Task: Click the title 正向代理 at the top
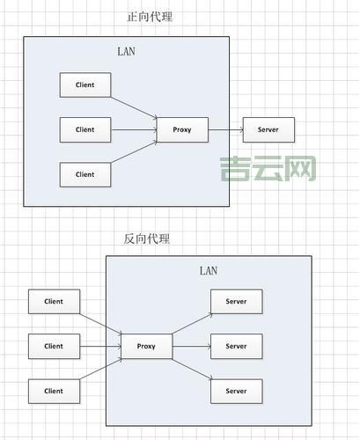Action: click(151, 17)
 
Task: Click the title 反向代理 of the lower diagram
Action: click(148, 238)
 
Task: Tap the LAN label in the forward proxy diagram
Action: click(126, 51)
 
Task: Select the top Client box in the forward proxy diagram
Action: click(84, 85)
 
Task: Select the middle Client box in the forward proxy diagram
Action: click(84, 130)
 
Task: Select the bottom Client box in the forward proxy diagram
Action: click(84, 174)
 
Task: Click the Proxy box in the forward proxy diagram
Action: click(181, 130)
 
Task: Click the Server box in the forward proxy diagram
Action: click(268, 130)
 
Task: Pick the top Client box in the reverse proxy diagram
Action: click(54, 301)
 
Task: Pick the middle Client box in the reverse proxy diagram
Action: click(54, 346)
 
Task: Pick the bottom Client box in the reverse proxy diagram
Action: click(54, 391)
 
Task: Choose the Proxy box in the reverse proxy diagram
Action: click(146, 346)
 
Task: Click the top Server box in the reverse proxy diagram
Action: click(237, 301)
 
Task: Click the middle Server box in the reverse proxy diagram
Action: click(237, 346)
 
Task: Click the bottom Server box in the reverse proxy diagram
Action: click(237, 391)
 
